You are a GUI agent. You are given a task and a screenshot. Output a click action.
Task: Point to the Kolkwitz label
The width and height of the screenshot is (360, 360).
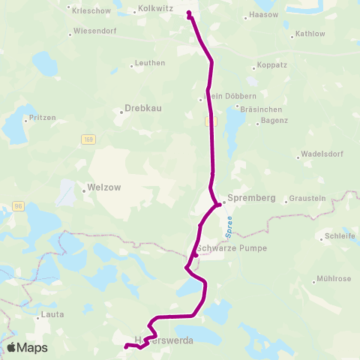[x=157, y=10]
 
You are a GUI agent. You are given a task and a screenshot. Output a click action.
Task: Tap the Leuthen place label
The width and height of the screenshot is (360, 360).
[x=151, y=63]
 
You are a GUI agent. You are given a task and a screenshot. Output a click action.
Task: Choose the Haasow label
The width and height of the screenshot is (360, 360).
[x=262, y=14]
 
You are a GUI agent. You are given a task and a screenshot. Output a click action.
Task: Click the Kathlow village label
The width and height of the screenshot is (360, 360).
[x=310, y=34]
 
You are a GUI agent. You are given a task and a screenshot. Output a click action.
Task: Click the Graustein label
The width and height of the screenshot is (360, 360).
[x=307, y=199]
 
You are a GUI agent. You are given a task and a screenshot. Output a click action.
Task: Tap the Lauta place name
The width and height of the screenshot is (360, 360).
[x=53, y=314]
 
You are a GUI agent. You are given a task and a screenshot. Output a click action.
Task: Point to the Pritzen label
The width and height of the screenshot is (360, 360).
[x=42, y=118]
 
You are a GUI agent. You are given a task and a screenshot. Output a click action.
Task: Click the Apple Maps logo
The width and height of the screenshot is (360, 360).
[x=27, y=347]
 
